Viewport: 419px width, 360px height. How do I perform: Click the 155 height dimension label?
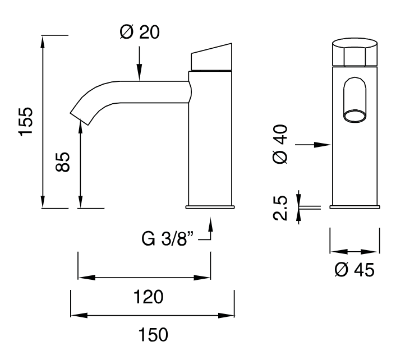(x=26, y=121)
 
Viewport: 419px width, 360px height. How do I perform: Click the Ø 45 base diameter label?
(x=354, y=270)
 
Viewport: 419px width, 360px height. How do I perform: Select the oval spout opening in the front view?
(x=354, y=116)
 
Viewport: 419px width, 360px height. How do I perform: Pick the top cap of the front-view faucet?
(x=354, y=53)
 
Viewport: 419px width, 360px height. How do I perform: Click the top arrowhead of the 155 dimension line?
(x=43, y=40)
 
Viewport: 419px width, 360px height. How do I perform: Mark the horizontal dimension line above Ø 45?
(x=354, y=252)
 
